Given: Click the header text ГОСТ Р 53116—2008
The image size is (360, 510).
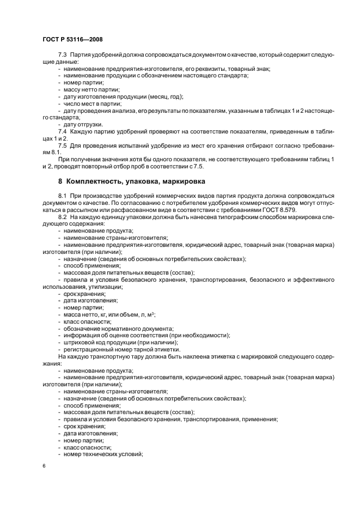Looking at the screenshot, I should tap(72, 40).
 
